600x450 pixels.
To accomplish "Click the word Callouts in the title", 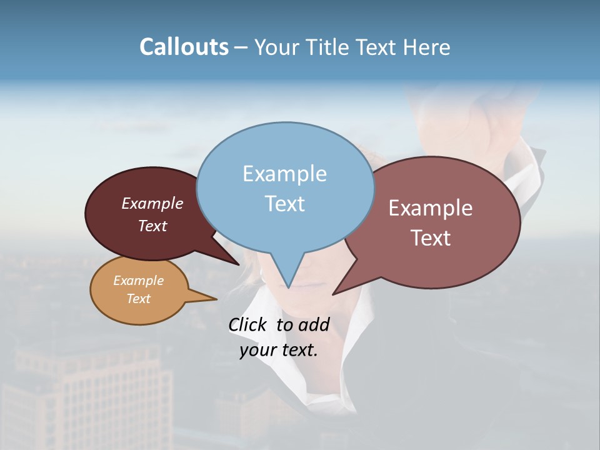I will pos(184,47).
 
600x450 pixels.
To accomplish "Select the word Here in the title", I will pos(426,47).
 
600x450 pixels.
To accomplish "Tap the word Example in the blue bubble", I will pos(284,174).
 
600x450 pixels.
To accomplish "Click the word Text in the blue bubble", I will pos(284,203).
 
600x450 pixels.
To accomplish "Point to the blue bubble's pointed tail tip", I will pos(288,287).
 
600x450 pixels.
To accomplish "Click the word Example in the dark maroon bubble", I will pos(152,203).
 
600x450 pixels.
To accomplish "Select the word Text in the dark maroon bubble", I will pos(152,226).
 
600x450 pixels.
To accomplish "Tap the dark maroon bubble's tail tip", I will pos(239,264).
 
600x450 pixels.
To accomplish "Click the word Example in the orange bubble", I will pos(138,281).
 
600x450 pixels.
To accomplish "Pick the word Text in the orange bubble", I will pos(138,299).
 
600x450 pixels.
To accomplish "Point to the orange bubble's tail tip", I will pos(216,299).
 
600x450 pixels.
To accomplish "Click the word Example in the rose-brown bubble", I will pos(431,208).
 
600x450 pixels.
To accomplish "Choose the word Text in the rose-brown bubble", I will pos(431,237).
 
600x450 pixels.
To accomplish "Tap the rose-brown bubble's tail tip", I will pos(333,294).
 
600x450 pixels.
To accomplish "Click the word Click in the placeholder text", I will pos(247,324).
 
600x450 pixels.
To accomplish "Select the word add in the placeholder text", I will pos(314,324).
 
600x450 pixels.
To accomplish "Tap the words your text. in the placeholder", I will pos(278,350).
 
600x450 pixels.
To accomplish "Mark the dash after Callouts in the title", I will pos(241,47).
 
